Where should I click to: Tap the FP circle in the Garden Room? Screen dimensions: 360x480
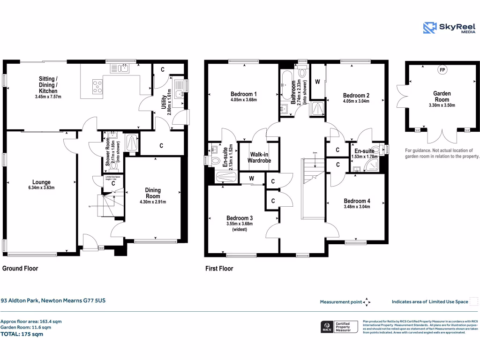(x=441, y=70)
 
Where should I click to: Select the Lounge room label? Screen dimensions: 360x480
(x=41, y=182)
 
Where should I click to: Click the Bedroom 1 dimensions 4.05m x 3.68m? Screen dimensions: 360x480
(x=243, y=100)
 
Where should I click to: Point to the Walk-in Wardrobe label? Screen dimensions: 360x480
(x=260, y=157)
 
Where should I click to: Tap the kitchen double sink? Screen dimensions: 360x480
(x=120, y=68)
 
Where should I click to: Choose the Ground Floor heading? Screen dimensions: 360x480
(x=20, y=269)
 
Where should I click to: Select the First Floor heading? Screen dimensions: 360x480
(x=219, y=269)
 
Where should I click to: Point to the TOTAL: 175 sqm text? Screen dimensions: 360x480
(x=22, y=334)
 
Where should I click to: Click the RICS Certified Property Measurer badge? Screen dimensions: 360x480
(x=338, y=327)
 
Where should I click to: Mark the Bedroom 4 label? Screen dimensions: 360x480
(x=356, y=201)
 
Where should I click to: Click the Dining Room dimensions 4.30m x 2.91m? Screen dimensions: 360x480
(x=153, y=202)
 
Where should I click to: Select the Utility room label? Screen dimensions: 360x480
(x=164, y=102)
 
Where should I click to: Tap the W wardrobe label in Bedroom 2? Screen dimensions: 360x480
(x=317, y=82)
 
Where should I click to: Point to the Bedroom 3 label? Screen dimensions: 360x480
(x=240, y=218)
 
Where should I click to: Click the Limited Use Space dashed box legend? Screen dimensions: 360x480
(x=473, y=301)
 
